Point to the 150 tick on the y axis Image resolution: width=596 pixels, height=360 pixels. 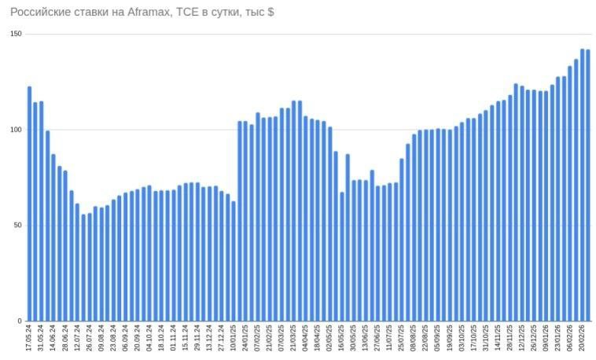[x=17, y=34]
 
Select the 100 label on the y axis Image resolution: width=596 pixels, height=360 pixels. [x=17, y=130]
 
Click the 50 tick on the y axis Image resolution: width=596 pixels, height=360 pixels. [x=18, y=226]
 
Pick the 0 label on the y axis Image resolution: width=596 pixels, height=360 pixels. [x=20, y=321]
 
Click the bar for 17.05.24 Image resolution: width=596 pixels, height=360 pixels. [x=29, y=204]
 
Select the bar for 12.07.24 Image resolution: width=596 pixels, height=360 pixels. [x=77, y=263]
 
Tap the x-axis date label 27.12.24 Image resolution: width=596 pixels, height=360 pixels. [x=222, y=340]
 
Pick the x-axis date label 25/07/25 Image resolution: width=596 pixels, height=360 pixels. [x=402, y=340]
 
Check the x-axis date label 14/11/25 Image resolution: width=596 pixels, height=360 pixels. [x=498, y=340]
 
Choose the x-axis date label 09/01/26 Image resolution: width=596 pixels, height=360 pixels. [x=546, y=340]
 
